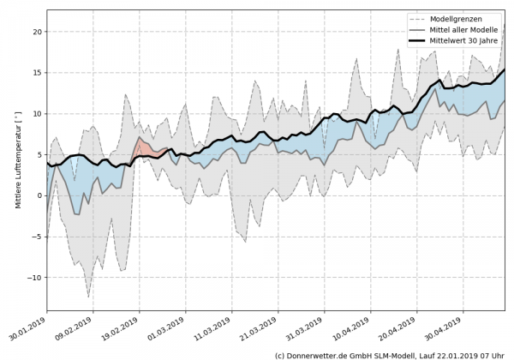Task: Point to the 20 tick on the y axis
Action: pyautogui.click(x=36, y=32)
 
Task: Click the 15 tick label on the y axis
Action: pyautogui.click(x=36, y=73)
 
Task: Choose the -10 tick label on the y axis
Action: pyautogui.click(x=33, y=278)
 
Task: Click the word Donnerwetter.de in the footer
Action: pyautogui.click(x=325, y=354)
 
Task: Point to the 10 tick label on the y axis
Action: pyautogui.click(x=36, y=114)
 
